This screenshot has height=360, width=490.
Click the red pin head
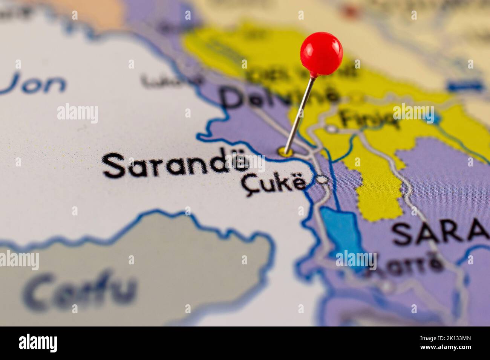point(322,53)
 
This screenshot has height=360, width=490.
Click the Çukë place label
point(273,183)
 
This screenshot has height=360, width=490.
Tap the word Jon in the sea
point(36,85)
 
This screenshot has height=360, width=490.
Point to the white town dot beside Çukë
point(322,180)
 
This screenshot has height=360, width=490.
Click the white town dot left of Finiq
point(331,129)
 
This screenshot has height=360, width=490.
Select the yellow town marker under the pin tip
point(285,152)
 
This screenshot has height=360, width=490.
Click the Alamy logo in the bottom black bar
point(38,343)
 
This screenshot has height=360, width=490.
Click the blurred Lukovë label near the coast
point(171,80)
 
